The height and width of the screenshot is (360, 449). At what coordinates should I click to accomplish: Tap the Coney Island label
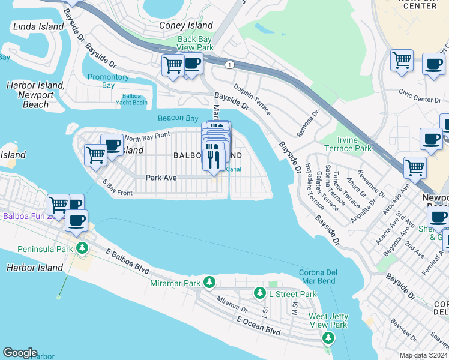pyautogui.click(x=186, y=25)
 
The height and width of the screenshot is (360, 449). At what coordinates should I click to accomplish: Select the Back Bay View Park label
pyautogui.click(x=195, y=43)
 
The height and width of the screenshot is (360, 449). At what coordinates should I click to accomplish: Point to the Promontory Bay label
pyautogui.click(x=108, y=81)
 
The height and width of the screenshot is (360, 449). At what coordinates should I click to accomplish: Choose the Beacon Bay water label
pyautogui.click(x=178, y=118)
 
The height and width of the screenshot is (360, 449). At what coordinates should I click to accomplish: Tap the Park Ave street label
pyautogui.click(x=160, y=177)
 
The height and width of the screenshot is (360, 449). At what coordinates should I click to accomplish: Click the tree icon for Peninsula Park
pyautogui.click(x=82, y=247)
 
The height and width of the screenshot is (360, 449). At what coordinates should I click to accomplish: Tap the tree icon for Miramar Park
pyautogui.click(x=209, y=282)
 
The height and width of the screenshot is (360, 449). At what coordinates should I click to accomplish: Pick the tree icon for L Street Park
pyautogui.click(x=259, y=293)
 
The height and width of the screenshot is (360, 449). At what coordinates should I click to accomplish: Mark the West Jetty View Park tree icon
pyautogui.click(x=328, y=338)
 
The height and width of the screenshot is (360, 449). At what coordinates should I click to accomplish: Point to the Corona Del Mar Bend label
pyautogui.click(x=318, y=277)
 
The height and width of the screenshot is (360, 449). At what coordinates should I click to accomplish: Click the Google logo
pyautogui.click(x=20, y=353)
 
